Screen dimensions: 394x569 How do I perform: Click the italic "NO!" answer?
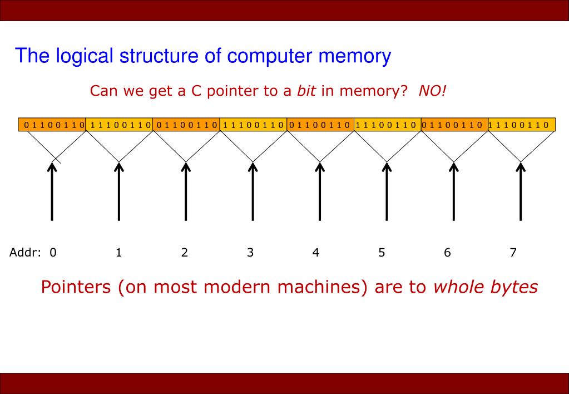[432, 91]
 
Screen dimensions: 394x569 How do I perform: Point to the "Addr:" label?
[26, 253]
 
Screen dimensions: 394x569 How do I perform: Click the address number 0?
[53, 253]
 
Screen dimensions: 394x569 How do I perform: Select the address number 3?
[250, 253]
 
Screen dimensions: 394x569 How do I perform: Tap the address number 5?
[382, 253]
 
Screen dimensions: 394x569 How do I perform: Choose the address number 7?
[513, 253]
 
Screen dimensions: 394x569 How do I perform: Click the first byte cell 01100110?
[52, 125]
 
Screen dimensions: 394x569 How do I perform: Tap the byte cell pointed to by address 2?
[186, 125]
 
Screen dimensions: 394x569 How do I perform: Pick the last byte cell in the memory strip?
[522, 125]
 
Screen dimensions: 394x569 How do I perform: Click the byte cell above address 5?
[388, 125]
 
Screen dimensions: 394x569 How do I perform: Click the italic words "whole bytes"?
[486, 287]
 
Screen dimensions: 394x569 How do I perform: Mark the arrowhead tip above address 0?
[52, 163]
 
